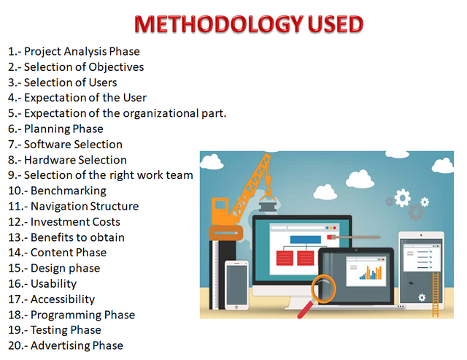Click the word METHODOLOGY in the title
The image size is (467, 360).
[x=219, y=24]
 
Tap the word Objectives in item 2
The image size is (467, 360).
[x=116, y=67]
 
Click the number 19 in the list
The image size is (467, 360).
[x=14, y=330]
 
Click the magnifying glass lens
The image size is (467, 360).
[x=323, y=288]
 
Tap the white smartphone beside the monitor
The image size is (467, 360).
[x=236, y=286]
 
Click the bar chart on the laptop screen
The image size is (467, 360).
[x=371, y=272]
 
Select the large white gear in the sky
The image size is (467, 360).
[x=402, y=198]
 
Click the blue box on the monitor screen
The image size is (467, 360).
[x=306, y=240]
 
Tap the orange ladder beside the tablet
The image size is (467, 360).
[x=436, y=294]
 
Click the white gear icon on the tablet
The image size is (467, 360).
[x=422, y=297]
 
